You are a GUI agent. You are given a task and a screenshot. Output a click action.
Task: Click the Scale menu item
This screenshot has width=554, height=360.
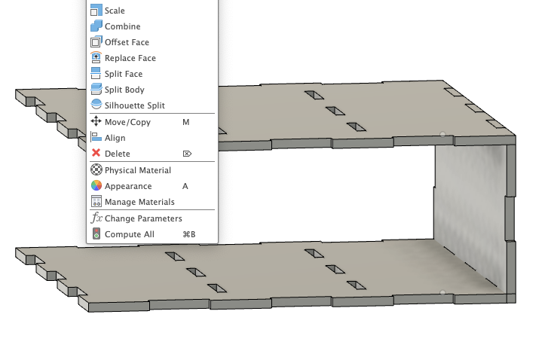coord(115,11)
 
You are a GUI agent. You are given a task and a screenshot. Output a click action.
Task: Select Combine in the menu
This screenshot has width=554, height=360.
coord(122,26)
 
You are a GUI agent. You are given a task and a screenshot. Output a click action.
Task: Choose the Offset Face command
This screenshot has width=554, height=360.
coord(127,42)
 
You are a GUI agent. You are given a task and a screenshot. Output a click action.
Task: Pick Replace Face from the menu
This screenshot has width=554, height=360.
coord(130,58)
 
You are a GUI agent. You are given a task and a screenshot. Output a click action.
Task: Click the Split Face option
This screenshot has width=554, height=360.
coord(123,74)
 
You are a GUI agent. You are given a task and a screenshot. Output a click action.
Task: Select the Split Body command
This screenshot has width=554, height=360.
coord(124,90)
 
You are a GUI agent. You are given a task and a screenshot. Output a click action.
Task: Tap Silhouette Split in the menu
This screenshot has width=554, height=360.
coord(134,105)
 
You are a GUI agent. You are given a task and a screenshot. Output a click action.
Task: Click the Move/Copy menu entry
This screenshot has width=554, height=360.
coord(127,121)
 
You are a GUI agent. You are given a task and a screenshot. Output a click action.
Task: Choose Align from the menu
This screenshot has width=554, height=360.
coord(115,138)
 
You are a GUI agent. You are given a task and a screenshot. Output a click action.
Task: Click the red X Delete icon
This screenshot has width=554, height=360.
coord(96,154)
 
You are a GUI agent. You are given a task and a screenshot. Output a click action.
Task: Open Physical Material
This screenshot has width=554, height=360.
coord(137,170)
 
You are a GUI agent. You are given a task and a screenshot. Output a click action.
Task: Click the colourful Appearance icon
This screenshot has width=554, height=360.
coord(96,186)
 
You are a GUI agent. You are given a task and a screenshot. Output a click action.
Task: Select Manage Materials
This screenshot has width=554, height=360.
coord(139,202)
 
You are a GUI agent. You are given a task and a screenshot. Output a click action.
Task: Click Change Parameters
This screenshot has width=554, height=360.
coord(143,218)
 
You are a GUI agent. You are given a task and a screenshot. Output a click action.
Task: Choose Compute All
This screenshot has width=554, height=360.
coord(129,234)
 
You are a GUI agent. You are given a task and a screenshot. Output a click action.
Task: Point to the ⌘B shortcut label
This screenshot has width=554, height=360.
coord(189,234)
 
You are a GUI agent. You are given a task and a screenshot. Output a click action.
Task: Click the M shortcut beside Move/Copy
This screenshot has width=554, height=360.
coord(185,121)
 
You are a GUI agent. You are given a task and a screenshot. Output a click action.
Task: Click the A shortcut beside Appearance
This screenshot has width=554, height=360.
coord(185,186)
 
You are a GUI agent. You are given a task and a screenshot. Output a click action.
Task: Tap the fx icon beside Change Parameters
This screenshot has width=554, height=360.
coord(96,218)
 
